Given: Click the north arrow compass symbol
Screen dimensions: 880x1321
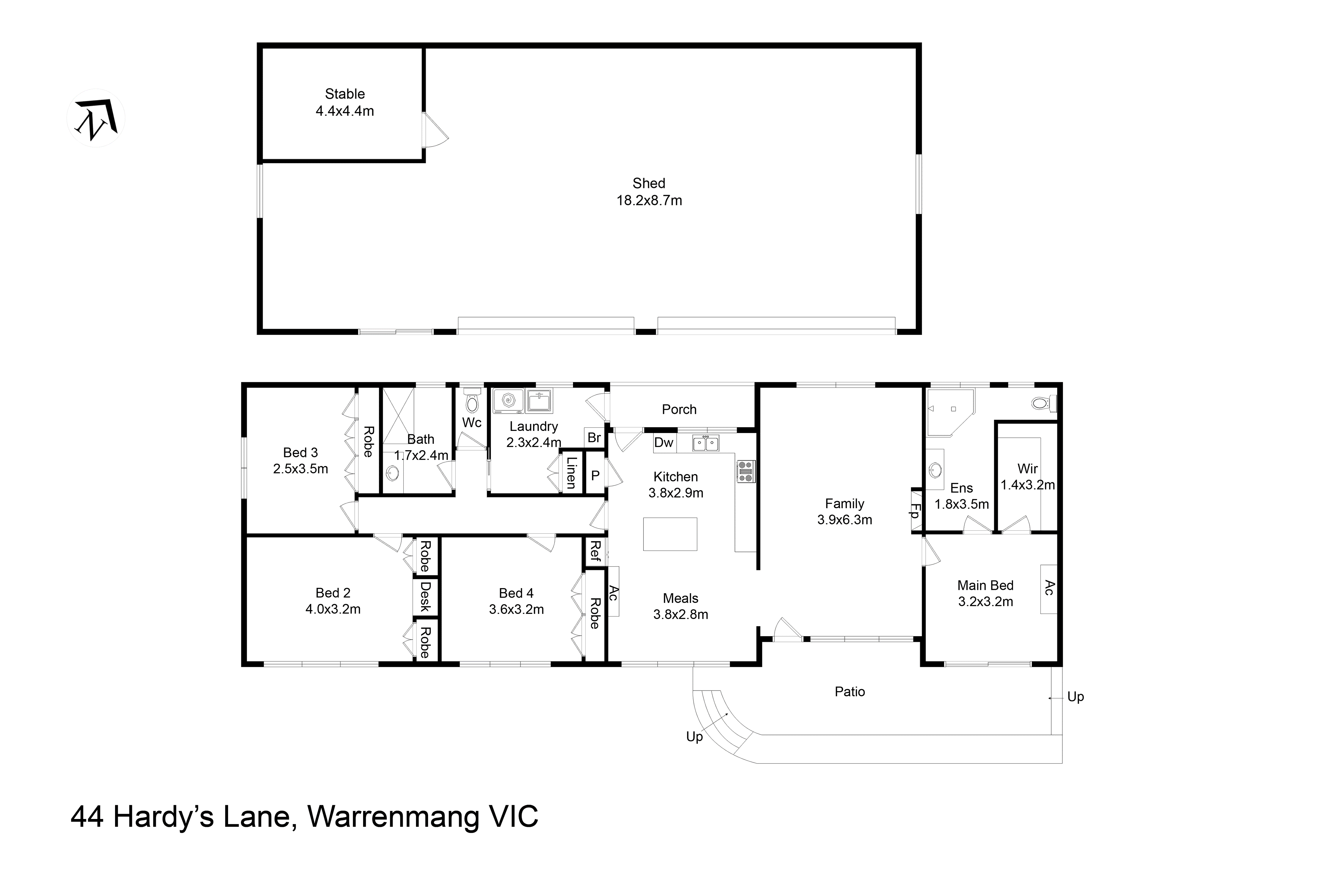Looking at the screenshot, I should click(x=96, y=119).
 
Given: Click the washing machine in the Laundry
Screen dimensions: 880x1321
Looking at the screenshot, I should click(x=508, y=401).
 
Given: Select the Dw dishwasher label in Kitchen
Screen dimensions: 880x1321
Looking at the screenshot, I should click(x=663, y=442).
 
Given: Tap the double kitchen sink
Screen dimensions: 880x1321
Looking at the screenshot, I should click(x=705, y=443).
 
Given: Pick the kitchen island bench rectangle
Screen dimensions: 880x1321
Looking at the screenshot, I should click(x=670, y=534).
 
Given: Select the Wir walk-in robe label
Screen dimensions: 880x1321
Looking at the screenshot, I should click(x=1027, y=468).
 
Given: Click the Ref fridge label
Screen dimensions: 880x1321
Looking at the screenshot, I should click(x=595, y=552).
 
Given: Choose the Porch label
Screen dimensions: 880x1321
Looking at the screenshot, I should click(x=679, y=409).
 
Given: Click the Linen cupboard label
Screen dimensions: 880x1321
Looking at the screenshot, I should click(x=571, y=473).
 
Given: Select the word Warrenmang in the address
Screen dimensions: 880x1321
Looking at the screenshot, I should click(x=393, y=817).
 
